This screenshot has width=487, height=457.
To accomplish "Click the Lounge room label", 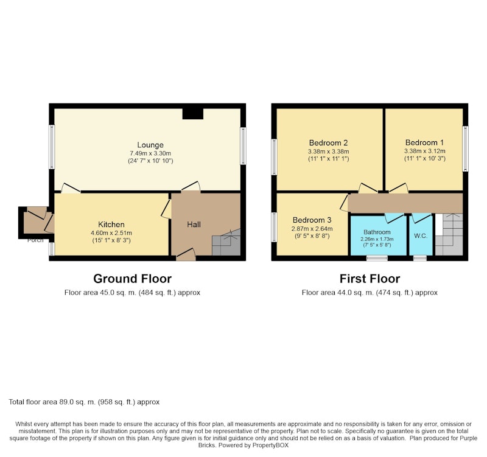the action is click(150, 145).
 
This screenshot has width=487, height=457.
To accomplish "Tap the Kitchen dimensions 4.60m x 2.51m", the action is click(111, 233).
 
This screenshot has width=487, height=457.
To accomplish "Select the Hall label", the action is click(194, 225).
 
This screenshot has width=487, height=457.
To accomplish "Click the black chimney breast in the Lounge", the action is click(193, 114).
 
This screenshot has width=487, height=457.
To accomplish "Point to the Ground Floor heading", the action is click(132, 279).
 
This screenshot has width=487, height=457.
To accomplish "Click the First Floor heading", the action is click(370, 279).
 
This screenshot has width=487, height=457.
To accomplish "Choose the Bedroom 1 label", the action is click(424, 142).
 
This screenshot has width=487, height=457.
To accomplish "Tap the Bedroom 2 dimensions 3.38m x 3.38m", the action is click(329, 152).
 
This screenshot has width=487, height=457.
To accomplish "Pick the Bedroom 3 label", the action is click(312, 220).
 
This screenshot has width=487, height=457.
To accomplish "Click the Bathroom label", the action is click(377, 232).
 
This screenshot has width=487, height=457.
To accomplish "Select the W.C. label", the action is click(421, 236).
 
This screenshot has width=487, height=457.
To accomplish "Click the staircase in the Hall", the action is click(226, 242).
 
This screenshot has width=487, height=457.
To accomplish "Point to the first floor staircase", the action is click(449, 234).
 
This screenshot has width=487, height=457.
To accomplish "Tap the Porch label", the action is click(35, 240).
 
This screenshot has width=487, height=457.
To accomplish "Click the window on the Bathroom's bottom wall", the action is click(377, 258).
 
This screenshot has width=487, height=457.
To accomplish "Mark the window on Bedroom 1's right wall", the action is click(465, 148).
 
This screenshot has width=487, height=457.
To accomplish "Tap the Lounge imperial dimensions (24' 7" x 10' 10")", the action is click(150, 161).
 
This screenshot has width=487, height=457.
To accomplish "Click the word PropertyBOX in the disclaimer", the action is click(270, 445).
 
